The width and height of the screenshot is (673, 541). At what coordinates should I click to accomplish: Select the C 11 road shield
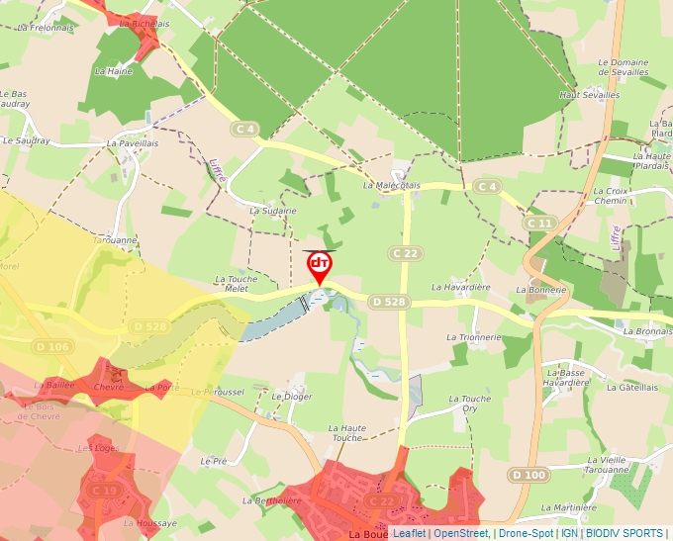(x=539, y=224)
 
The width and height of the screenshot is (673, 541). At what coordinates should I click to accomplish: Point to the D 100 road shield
(x=529, y=476)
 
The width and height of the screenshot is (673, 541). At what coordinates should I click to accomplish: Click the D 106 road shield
(x=52, y=346)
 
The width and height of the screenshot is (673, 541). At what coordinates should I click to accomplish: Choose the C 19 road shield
(x=105, y=490)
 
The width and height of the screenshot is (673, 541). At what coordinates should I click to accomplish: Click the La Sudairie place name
(x=272, y=211)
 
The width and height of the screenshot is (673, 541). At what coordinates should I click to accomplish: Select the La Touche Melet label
(x=237, y=284)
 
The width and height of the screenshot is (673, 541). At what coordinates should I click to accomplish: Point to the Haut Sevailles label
(x=589, y=95)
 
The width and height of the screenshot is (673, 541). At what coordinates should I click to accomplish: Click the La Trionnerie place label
(x=474, y=337)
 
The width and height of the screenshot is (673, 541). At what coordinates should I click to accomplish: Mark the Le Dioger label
(x=291, y=396)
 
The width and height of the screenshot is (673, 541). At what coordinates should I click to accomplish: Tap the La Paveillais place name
(x=132, y=143)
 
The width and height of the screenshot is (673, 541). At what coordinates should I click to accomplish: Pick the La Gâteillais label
(x=634, y=388)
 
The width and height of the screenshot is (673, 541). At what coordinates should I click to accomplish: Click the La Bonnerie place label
(x=540, y=291)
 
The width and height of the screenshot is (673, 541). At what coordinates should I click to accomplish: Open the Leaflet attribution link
(x=409, y=533)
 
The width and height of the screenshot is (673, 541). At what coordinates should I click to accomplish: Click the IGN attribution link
(x=570, y=533)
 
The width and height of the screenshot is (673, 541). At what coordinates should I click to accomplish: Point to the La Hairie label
(x=114, y=71)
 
